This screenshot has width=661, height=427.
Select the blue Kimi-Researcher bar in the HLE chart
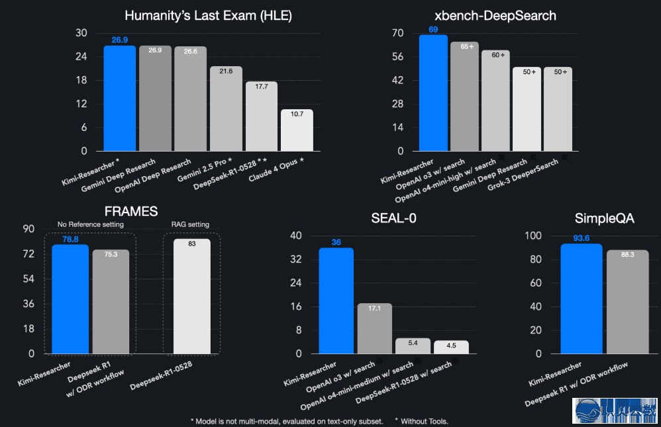120,99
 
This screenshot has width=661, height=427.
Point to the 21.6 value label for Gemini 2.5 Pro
226,71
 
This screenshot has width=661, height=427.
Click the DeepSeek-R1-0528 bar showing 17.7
262,117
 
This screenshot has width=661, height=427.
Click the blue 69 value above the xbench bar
434,30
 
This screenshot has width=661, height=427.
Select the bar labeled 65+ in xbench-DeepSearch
464,97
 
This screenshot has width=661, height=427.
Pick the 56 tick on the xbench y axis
397,58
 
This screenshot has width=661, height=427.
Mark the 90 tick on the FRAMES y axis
29,229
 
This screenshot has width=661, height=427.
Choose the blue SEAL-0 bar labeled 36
336,301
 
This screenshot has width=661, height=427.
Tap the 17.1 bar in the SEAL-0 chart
375,328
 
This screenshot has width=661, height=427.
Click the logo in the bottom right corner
615,410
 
